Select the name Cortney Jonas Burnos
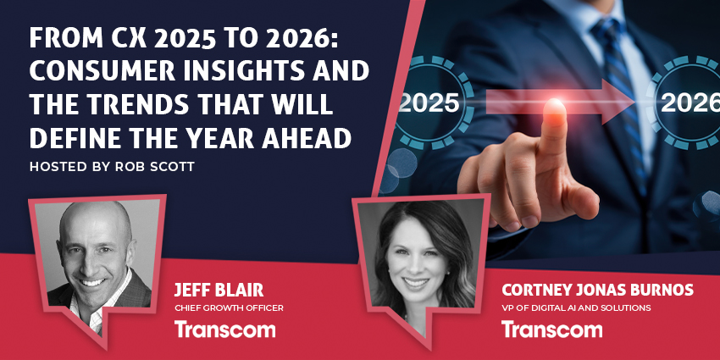pos(597,291)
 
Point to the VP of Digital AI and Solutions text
pos(576,307)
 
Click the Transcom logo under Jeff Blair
pos(224,330)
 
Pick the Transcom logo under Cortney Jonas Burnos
pos(551,329)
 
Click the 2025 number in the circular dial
pos(429,103)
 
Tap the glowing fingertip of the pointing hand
pos(554,108)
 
